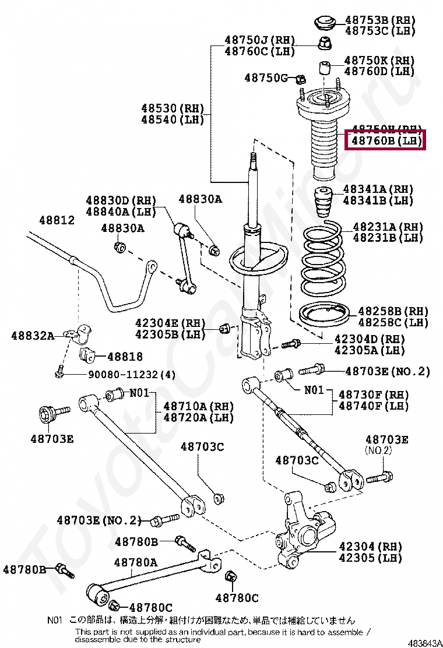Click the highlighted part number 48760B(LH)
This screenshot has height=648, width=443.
coord(385,140)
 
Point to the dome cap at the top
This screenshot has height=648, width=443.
coord(324,23)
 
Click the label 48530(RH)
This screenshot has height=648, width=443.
coord(173,108)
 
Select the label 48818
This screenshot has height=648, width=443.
coord(125,356)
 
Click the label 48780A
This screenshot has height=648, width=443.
coord(135,562)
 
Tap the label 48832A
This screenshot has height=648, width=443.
coord(33,335)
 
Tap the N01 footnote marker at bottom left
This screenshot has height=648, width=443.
coord(55,621)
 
